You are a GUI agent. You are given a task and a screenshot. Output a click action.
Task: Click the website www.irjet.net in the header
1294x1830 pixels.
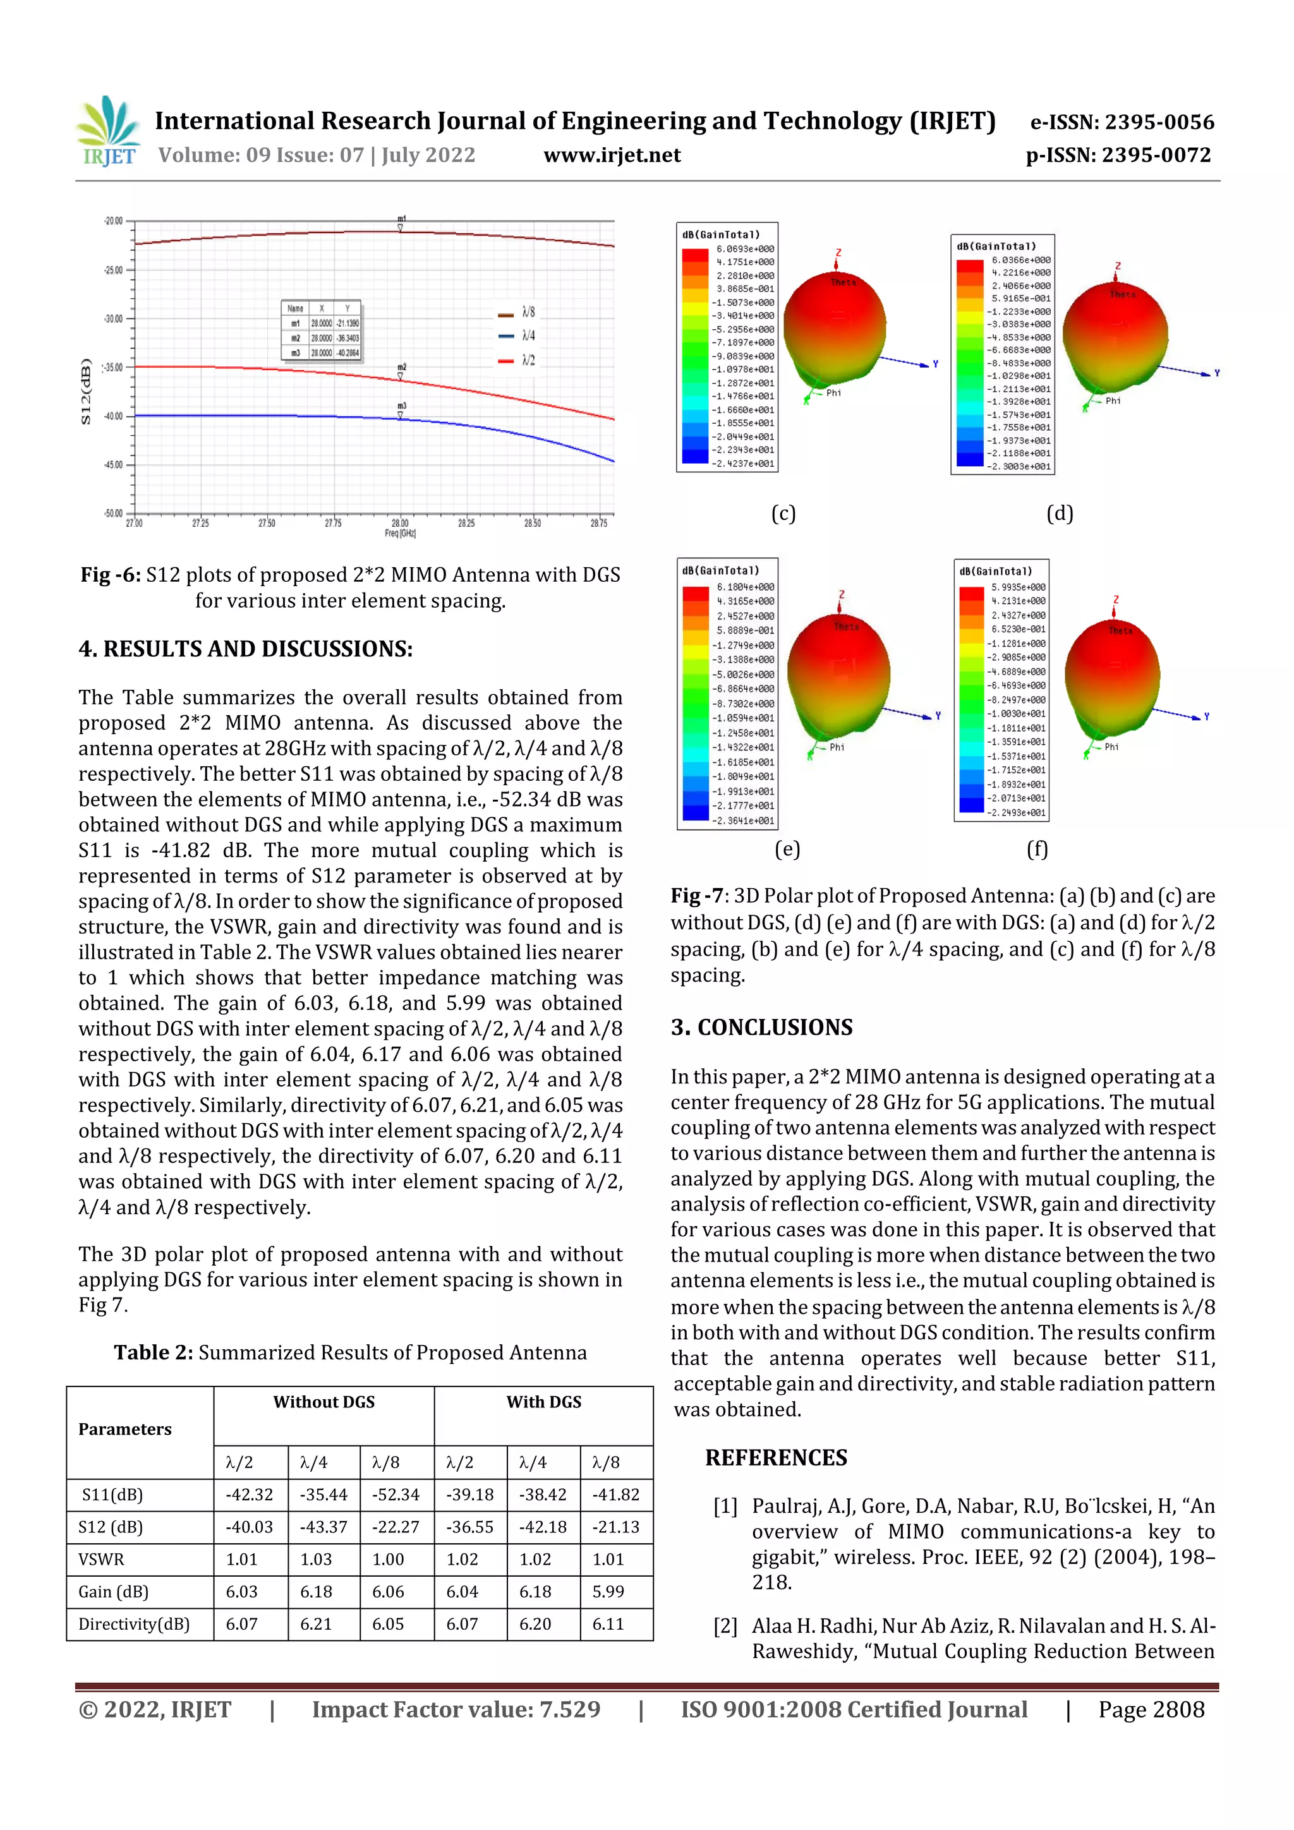(612, 155)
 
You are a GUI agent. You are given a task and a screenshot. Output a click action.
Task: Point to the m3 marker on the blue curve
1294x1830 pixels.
(401, 414)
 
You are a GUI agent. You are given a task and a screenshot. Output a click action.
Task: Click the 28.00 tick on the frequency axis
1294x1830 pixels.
(399, 523)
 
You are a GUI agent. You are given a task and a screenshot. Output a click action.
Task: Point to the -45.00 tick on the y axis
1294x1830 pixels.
(113, 465)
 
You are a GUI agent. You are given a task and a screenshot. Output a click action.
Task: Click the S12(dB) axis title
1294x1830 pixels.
(86, 392)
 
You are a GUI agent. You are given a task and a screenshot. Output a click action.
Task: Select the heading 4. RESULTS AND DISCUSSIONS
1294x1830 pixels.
(246, 649)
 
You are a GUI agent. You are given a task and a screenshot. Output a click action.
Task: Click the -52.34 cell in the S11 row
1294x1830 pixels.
(396, 1495)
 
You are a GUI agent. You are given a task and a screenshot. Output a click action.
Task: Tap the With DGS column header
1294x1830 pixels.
(544, 1402)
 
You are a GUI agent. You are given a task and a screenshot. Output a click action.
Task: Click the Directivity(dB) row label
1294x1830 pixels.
(134, 1623)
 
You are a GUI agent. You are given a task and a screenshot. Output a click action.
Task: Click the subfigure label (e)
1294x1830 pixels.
(787, 849)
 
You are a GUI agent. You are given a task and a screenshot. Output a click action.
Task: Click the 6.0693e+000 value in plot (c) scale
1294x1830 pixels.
(745, 249)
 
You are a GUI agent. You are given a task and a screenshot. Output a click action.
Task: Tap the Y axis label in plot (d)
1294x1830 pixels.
(1217, 373)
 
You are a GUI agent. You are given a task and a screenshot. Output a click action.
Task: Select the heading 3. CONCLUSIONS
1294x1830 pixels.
(761, 1027)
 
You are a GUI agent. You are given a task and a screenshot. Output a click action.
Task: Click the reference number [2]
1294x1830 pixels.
(725, 1626)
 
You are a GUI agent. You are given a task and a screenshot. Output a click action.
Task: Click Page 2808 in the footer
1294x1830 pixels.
(1151, 1709)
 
